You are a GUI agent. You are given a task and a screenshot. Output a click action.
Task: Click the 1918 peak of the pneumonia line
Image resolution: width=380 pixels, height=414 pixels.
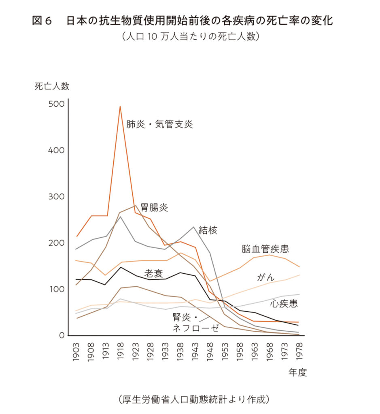[120, 106]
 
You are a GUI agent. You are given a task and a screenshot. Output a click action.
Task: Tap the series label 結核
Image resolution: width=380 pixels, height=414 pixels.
[208, 230]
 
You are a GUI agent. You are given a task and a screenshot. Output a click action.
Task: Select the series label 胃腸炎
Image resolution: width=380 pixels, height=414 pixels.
[154, 208]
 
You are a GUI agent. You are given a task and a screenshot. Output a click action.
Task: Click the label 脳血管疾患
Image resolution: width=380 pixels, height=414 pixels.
[265, 249]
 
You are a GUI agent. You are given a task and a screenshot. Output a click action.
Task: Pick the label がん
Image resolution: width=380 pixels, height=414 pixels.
[266, 277]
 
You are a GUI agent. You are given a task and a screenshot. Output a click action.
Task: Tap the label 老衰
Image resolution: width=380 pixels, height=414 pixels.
[153, 273]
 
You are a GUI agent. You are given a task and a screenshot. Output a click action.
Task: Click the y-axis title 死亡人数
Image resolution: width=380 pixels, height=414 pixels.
[52, 86]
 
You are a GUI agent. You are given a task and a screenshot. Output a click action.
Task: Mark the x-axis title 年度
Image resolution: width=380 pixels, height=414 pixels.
[297, 372]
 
